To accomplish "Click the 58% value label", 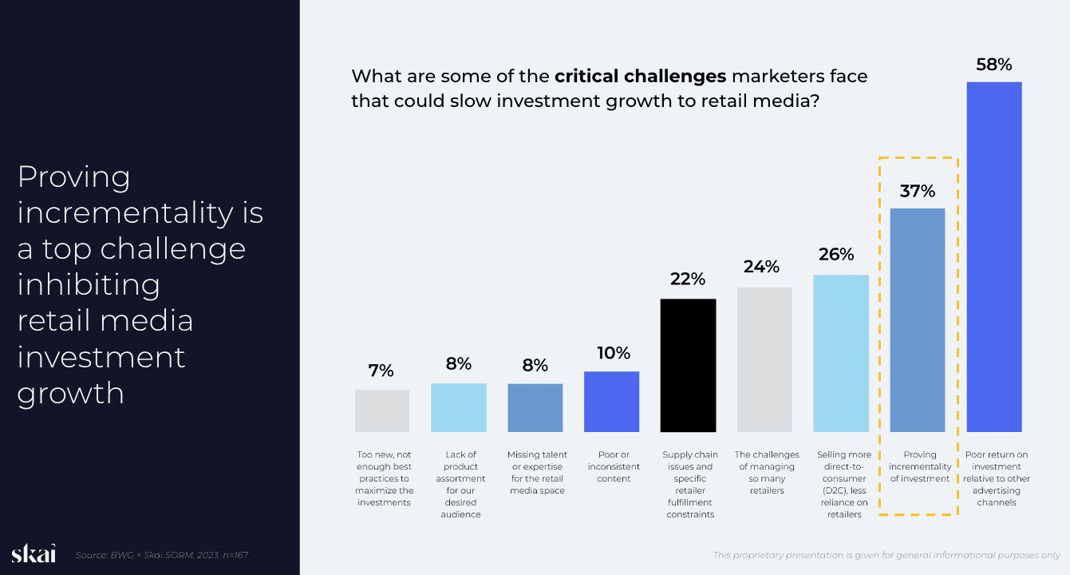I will pos(993,65).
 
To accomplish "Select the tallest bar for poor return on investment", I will pos(993,256).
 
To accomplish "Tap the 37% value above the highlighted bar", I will pos(917,192).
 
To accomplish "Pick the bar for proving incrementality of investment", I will pos(917,319).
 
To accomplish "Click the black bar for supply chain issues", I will pos(688,365).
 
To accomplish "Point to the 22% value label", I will pos(688,280).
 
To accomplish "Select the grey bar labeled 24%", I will pos(764,359).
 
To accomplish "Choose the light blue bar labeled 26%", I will pos(840,353).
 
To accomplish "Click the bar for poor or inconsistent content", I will pos(611,401).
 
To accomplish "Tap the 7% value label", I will pos(381,371).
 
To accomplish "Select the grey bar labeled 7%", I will pos(381,410).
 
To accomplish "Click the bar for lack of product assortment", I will pos(458,407).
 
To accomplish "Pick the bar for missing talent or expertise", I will pos(535,407).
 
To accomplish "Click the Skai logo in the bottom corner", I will pos(34,554).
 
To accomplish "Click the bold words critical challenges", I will pos(640,77).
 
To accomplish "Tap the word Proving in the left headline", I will pos(74,177).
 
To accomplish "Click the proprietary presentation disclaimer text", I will pos(886,555).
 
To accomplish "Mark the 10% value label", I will pos(613,353).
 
